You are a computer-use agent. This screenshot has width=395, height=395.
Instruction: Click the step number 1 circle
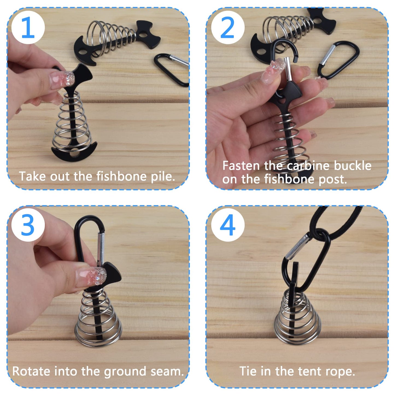click(28, 28)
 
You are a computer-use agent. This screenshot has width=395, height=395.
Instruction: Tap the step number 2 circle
click(227, 28)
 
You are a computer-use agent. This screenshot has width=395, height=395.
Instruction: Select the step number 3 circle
click(28, 225)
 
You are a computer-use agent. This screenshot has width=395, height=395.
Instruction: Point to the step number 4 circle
click(227, 225)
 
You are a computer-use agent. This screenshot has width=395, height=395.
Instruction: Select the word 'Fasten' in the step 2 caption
click(241, 166)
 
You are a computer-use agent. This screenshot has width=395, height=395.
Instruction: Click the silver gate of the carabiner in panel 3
click(101, 247)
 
